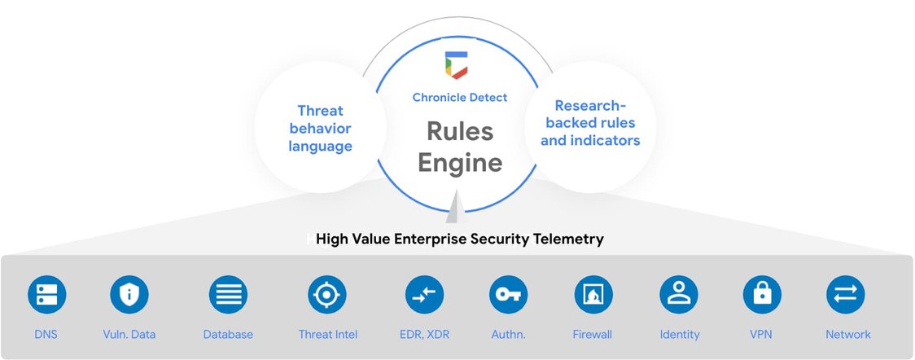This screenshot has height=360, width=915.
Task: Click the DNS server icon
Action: [46, 295]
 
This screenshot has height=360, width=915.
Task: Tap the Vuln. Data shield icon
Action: [129, 295]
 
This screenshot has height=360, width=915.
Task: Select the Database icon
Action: [228, 295]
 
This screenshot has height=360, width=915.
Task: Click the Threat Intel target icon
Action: [327, 295]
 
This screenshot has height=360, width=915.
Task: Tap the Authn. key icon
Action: [509, 295]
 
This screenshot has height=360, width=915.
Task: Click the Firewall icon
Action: [593, 295]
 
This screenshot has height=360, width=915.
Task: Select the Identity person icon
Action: [679, 295]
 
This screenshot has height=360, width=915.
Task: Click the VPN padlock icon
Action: [762, 295]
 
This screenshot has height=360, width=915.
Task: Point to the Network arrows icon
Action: [846, 295]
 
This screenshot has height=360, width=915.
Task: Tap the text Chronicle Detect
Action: [460, 98]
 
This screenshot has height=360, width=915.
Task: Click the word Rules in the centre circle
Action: [460, 131]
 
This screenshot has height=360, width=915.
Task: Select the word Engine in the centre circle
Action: [460, 162]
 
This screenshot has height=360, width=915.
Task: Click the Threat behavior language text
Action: [320, 129]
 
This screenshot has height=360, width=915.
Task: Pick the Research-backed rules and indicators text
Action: [590, 123]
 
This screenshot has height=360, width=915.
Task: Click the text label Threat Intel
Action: [328, 335]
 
